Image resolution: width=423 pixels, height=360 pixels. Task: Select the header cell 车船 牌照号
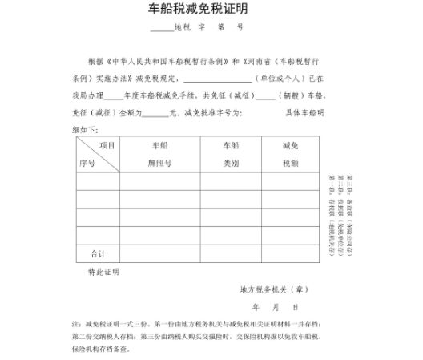point(159,154)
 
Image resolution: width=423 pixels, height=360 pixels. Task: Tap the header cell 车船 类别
point(231,154)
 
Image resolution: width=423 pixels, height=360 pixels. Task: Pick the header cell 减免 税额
point(291,154)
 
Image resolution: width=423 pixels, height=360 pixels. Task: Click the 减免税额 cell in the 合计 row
point(291,253)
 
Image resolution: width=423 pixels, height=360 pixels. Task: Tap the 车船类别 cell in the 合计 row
point(231,253)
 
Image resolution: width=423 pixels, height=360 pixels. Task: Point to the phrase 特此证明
point(103,273)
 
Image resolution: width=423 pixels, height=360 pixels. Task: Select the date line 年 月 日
point(276,307)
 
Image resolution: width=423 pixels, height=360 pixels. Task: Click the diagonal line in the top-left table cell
point(97,154)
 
